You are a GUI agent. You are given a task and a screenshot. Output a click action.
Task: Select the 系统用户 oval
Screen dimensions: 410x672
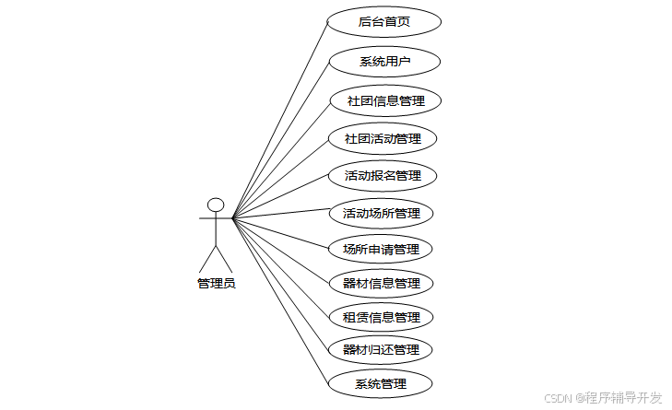tap(384, 62)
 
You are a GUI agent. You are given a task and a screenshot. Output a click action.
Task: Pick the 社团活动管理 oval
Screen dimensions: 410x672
tap(383, 139)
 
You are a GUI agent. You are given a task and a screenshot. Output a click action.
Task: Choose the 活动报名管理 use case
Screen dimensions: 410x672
tap(383, 175)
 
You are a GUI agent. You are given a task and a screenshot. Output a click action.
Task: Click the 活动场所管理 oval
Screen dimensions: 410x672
tap(381, 214)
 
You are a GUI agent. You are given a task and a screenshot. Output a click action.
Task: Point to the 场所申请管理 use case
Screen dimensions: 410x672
tap(380, 249)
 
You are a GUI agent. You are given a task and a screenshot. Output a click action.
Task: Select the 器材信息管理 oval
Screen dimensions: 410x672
tap(381, 283)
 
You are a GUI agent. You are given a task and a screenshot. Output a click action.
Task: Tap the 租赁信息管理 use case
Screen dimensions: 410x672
tap(381, 317)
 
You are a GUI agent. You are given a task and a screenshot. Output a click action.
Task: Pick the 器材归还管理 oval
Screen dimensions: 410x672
tap(380, 349)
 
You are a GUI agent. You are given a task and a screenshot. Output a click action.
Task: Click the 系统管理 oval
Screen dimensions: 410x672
tap(380, 382)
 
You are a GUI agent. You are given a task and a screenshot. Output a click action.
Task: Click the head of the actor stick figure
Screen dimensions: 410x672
tap(216, 205)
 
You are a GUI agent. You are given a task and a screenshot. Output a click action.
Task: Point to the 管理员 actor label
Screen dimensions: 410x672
tap(216, 284)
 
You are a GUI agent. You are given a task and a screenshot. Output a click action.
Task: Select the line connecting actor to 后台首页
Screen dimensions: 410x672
tap(280, 120)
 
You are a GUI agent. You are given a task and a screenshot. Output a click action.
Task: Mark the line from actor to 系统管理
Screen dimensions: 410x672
tap(280, 300)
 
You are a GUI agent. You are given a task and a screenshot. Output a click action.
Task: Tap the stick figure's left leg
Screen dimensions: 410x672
tap(207, 258)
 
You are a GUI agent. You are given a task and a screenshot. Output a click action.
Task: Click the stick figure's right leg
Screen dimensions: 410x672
tap(224, 258)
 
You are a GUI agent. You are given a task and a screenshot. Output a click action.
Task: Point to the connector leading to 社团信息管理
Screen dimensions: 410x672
tap(280, 159)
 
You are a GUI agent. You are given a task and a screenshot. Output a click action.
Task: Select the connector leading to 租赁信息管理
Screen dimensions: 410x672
tap(280, 267)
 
